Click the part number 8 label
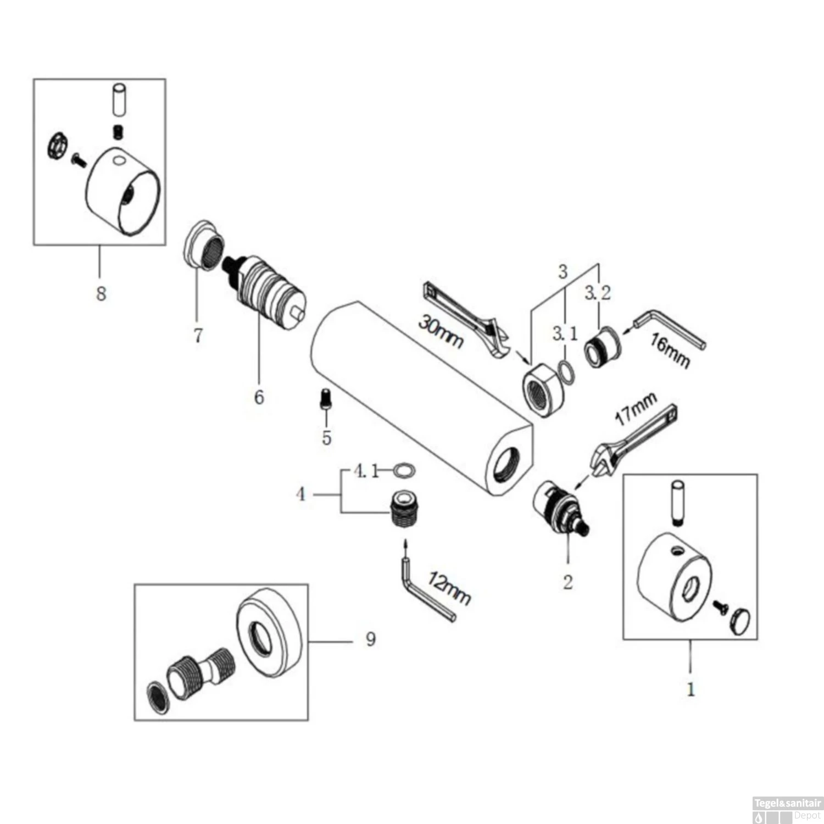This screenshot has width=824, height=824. coord(101,293)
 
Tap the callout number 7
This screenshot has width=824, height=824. coord(198,335)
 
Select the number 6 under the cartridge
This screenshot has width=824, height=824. coord(259,397)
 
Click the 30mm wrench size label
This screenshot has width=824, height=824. coord(440,331)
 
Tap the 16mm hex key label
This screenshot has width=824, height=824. coord(670,350)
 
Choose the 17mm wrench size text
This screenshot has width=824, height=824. coord(636,408)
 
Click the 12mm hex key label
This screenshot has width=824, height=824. coord(449,589)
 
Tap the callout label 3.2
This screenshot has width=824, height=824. coord(597,293)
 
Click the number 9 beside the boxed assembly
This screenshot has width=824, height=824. coord(371,639)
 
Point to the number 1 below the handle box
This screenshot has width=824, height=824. coord(691,689)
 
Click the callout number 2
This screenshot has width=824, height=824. coord(567,582)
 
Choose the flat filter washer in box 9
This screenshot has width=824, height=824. coord(158,698)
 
